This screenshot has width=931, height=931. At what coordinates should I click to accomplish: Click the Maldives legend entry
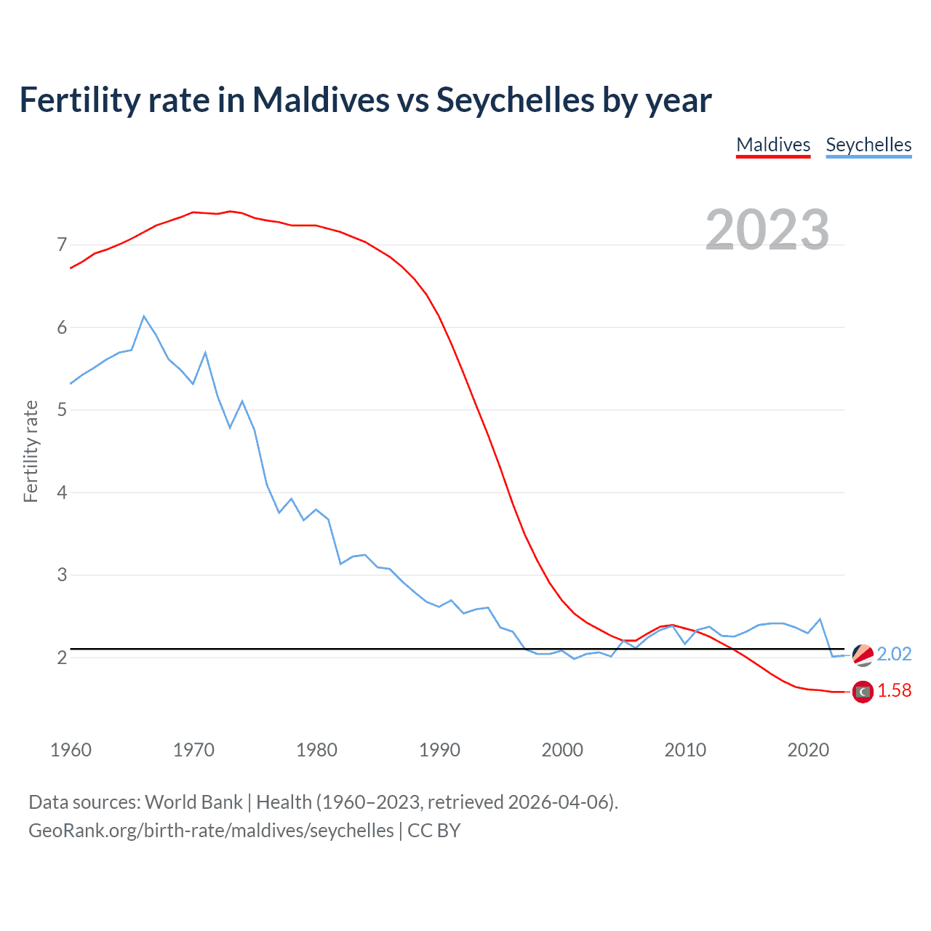pyautogui.click(x=773, y=145)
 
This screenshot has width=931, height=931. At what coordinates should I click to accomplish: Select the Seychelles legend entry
pyautogui.click(x=868, y=145)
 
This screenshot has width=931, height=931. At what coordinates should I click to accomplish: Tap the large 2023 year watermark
pyautogui.click(x=767, y=230)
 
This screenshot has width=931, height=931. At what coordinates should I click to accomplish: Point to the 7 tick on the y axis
pyautogui.click(x=62, y=244)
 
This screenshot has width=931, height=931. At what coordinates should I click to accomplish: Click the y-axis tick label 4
pyautogui.click(x=62, y=492)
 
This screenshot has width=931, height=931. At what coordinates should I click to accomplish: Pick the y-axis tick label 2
pyautogui.click(x=62, y=658)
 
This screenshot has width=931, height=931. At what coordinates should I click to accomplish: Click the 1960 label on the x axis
pyautogui.click(x=71, y=750)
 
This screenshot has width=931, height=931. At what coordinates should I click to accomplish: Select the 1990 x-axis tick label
pyautogui.click(x=439, y=750)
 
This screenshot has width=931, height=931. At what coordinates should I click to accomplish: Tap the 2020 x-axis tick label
pyautogui.click(x=808, y=750)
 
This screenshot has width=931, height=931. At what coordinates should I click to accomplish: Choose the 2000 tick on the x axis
pyautogui.click(x=562, y=750)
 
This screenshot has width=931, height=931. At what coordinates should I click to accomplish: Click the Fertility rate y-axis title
pyautogui.click(x=31, y=451)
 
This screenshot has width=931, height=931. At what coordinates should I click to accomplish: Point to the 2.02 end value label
pyautogui.click(x=894, y=654)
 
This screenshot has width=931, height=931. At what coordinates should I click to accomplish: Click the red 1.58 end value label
pyautogui.click(x=894, y=690)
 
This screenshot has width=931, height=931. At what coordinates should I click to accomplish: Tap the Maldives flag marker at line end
pyautogui.click(x=863, y=692)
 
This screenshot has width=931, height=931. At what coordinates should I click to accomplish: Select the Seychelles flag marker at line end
pyautogui.click(x=863, y=655)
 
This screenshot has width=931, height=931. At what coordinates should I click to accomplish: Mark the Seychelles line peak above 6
pyautogui.click(x=144, y=316)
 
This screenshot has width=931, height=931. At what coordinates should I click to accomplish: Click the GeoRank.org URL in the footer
pyautogui.click(x=211, y=831)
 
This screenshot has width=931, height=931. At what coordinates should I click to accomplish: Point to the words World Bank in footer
pyautogui.click(x=193, y=802)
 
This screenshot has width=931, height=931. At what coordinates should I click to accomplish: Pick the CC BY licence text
pyautogui.click(x=433, y=831)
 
